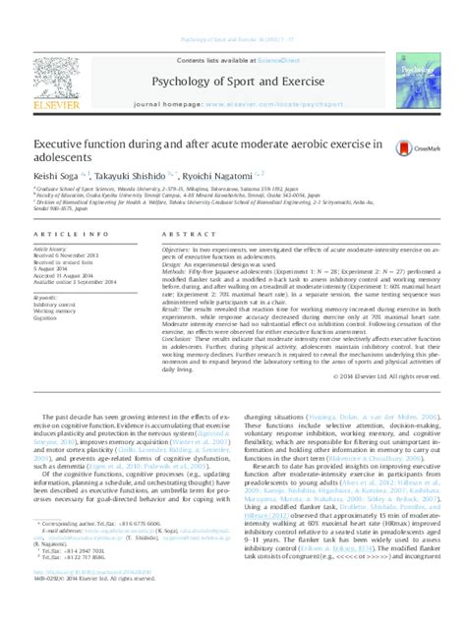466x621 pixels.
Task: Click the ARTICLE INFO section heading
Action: point(61,237)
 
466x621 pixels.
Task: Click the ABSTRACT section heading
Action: point(184,237)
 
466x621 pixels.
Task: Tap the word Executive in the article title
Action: point(66,142)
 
